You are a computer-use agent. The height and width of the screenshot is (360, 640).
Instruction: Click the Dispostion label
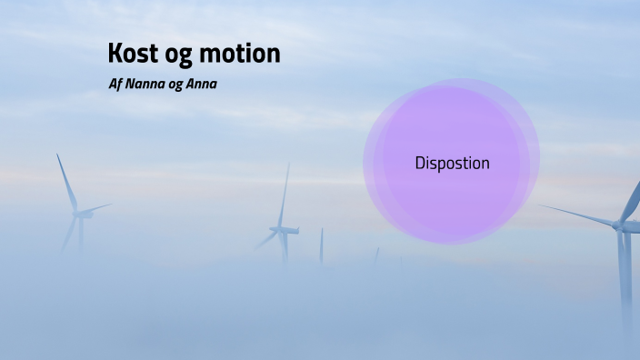[x=452, y=164]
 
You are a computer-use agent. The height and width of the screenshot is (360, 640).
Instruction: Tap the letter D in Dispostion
[x=420, y=164]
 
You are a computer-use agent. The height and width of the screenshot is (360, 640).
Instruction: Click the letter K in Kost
[x=115, y=54]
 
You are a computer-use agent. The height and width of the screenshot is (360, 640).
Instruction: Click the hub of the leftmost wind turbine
[x=80, y=214]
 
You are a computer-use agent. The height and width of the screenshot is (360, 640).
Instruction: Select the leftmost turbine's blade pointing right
[x=97, y=208]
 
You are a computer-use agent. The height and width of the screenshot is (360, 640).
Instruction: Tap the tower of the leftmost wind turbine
[x=81, y=235]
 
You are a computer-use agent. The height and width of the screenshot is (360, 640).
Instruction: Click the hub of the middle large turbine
[x=282, y=230]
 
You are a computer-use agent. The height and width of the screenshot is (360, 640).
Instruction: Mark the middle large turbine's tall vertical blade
[x=285, y=195]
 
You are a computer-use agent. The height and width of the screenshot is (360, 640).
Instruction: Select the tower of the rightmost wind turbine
[x=625, y=273]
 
